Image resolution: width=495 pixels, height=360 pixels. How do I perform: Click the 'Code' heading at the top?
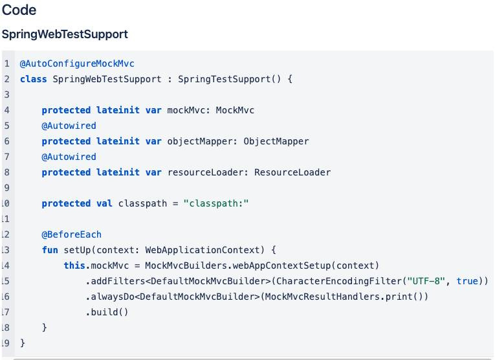click(19, 10)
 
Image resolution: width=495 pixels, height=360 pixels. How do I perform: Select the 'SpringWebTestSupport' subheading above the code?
click(65, 34)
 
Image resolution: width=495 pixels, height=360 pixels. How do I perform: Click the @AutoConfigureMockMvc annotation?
click(77, 63)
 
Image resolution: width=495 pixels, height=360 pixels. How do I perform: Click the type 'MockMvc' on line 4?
click(235, 110)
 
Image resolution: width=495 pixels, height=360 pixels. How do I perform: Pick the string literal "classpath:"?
click(216, 203)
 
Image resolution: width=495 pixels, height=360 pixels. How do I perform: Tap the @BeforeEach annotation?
click(71, 234)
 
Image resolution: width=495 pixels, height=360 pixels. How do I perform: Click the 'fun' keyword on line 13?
click(50, 250)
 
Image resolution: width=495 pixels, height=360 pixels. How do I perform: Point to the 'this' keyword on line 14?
click(74, 265)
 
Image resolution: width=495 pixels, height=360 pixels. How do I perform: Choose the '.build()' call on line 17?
click(107, 312)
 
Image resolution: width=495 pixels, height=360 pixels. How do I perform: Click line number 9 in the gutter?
click(6, 188)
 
